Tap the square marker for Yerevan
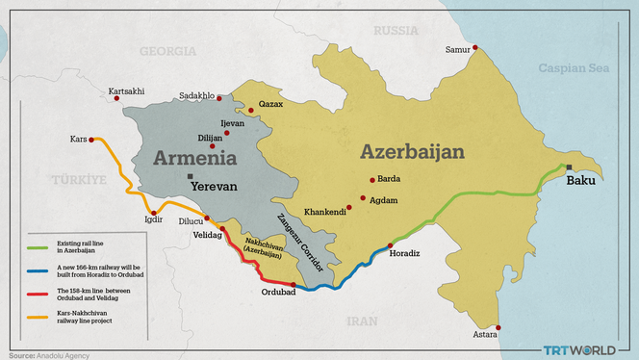(x=191, y=175)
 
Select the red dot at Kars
(x=91, y=139)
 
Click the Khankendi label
(x=324, y=211)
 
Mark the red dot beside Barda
(x=371, y=179)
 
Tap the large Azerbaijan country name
(x=412, y=152)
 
